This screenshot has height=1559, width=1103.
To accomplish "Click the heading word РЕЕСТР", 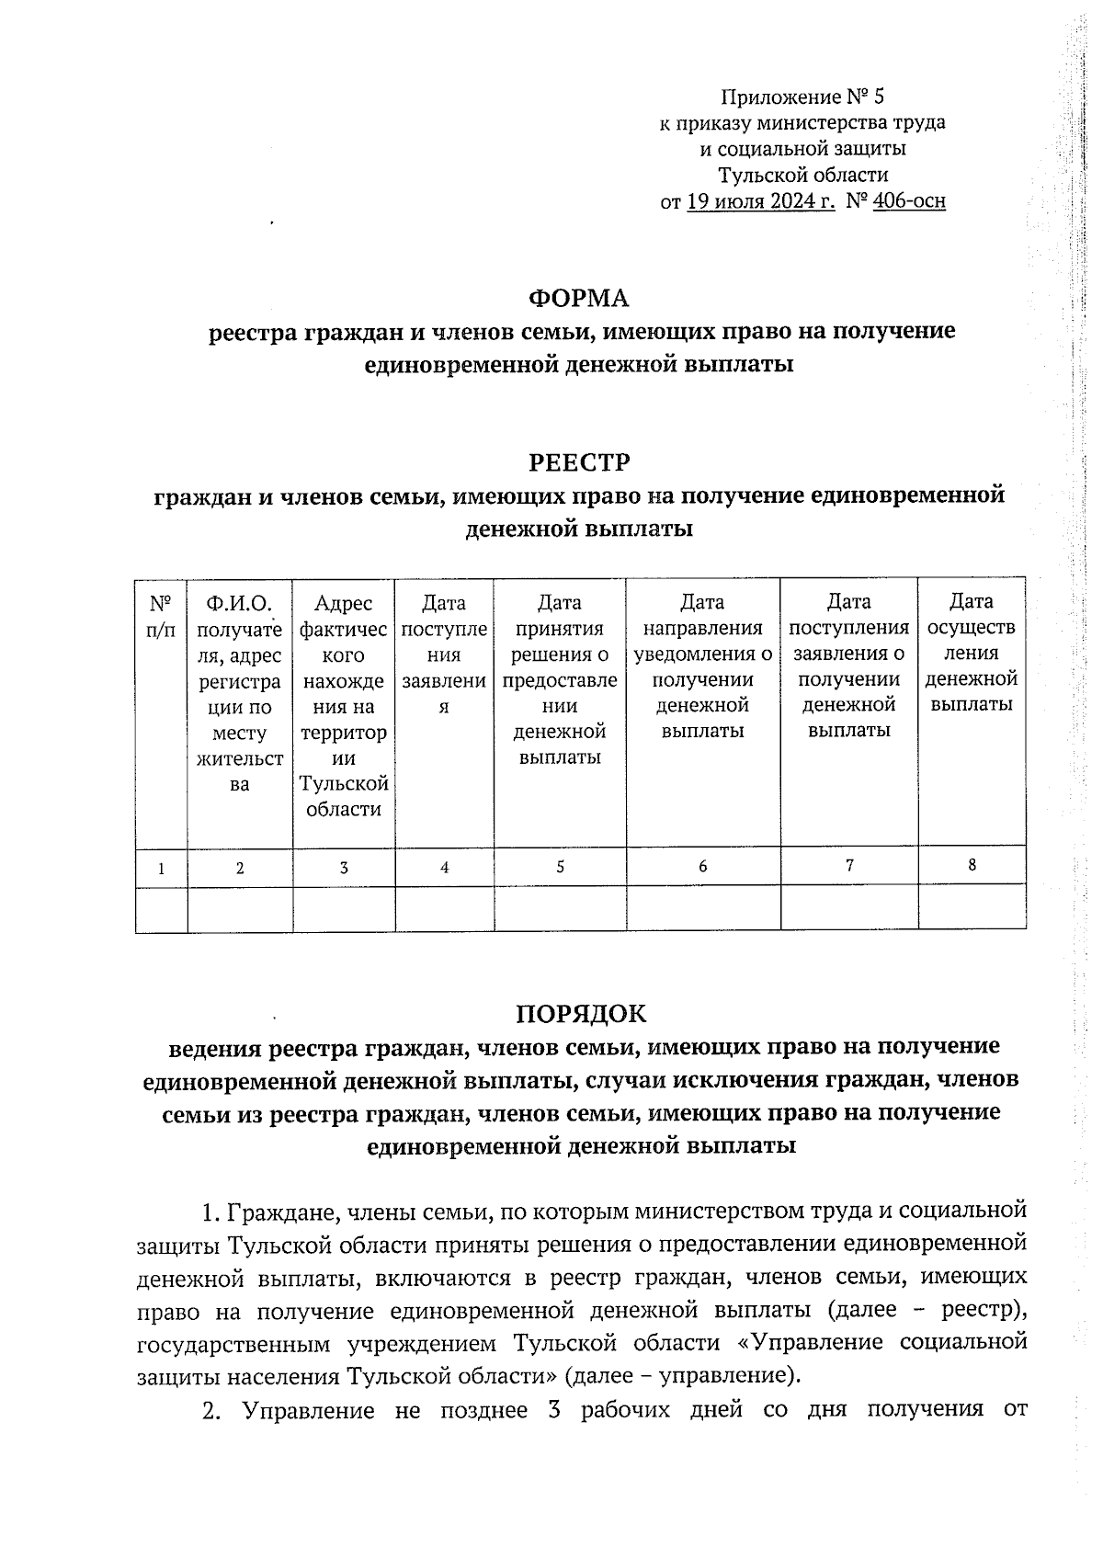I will [579, 461].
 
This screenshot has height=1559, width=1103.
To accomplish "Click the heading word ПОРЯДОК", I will [581, 1013].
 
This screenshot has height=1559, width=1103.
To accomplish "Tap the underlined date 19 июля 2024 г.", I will [761, 200].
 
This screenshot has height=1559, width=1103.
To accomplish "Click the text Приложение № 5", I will [802, 97].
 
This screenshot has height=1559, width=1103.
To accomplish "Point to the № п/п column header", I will [161, 617].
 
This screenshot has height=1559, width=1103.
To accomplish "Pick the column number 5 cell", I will [560, 867].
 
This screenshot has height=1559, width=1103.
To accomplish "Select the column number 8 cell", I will [972, 864].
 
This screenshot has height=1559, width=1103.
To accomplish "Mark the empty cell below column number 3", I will [343, 910].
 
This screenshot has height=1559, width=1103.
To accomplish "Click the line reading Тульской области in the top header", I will [802, 175].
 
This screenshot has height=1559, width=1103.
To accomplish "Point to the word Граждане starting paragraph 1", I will [272, 1212].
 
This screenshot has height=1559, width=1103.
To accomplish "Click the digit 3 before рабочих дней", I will [554, 1409].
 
